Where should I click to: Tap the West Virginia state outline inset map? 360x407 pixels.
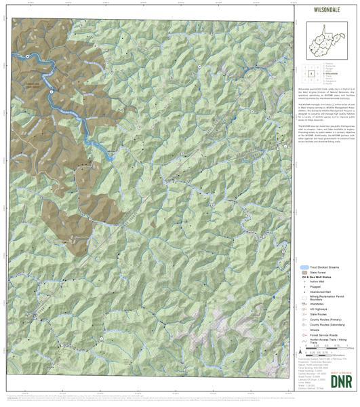point(328,40)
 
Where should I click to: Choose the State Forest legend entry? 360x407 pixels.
point(318,273)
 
